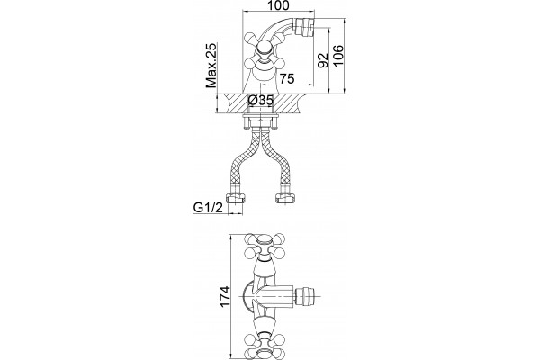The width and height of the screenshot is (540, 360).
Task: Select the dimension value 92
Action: click(x=322, y=60)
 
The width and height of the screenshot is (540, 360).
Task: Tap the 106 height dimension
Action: click(x=338, y=56)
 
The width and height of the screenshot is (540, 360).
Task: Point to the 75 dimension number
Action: click(x=286, y=78)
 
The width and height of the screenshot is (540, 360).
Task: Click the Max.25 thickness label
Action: click(x=211, y=66)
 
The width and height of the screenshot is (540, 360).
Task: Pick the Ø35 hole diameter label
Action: click(x=261, y=100)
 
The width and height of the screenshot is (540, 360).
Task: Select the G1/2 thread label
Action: click(x=209, y=208)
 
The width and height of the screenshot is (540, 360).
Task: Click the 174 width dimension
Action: click(x=224, y=296)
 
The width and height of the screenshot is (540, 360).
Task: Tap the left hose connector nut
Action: click(x=235, y=198)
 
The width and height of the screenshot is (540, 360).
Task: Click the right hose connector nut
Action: click(x=284, y=198)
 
